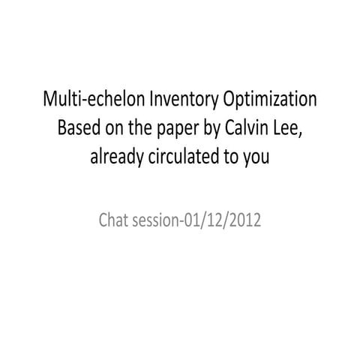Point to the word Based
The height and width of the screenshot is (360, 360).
[x=79, y=128]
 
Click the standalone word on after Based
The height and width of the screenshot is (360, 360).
[x=112, y=128]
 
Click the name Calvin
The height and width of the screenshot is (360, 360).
[x=247, y=128]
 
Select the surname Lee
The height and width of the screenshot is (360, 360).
[x=288, y=128]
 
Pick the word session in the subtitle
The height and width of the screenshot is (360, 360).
[x=157, y=223]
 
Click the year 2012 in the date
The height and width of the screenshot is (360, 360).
[x=244, y=223]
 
